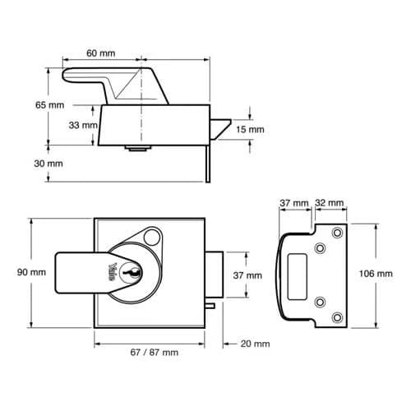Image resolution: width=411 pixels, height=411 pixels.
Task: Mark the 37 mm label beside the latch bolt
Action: pos(247,275)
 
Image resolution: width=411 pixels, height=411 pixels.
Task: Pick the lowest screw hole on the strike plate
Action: pos(335,316)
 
